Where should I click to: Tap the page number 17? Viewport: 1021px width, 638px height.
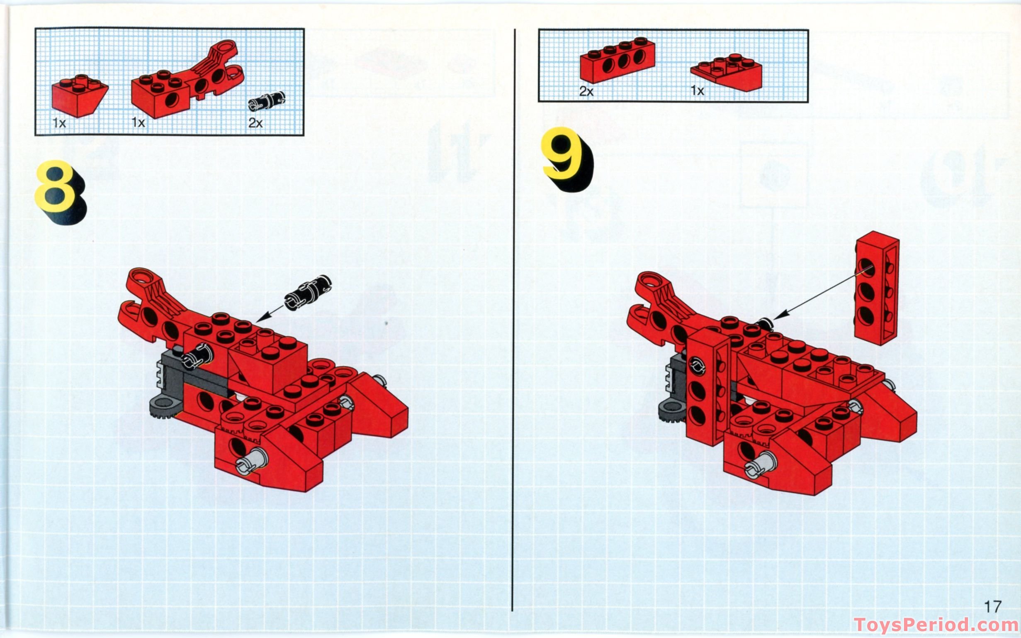[x=992, y=607]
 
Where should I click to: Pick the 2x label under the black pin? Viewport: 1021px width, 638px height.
[x=255, y=123]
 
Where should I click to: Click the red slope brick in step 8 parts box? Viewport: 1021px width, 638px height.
[x=79, y=95]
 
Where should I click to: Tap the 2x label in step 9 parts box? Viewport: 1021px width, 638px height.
[x=586, y=91]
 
